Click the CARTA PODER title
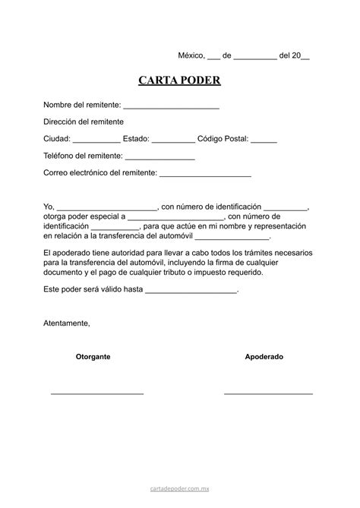pos(179,81)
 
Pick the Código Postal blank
pos(264,140)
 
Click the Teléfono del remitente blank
pos(160,157)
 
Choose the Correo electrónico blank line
pos(205,175)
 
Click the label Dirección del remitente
pos(84,121)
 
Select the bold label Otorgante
pos(93,356)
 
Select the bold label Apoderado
pos(264,356)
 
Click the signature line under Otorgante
pos(97,393)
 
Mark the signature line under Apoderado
pos(268,393)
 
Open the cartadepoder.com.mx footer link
pos(179,491)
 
